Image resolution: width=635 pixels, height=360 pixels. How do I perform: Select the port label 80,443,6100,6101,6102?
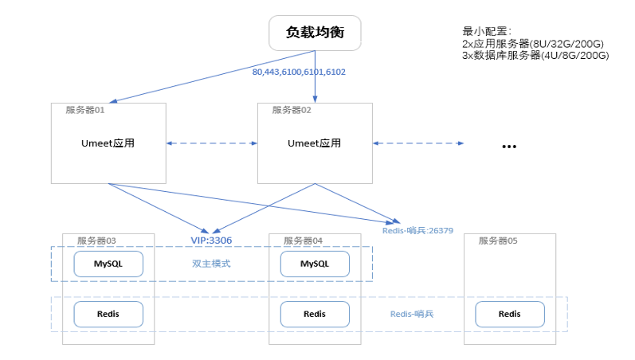299,72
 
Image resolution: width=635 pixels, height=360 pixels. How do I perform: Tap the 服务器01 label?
85,110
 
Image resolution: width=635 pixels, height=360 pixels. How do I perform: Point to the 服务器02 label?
292,110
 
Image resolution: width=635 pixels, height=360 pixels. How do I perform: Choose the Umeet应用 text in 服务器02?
314,143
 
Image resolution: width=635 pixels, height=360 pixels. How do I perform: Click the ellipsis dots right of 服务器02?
509,147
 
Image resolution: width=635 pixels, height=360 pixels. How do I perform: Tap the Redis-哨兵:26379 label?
417,230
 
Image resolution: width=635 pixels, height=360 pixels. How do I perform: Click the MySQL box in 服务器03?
108,264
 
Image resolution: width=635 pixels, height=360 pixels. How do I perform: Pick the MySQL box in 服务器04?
314,264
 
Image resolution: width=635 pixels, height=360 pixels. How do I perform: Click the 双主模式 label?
211,264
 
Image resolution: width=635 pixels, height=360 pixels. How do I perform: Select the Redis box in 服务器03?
108,314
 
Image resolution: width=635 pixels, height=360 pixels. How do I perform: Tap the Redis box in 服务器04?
314,314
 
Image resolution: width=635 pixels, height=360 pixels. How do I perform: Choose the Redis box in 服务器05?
510,314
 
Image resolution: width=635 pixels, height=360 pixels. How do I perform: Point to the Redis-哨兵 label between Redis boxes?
412,314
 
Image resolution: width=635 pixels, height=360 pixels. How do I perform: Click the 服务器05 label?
498,240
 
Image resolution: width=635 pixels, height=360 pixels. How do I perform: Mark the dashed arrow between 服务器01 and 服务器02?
211,143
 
